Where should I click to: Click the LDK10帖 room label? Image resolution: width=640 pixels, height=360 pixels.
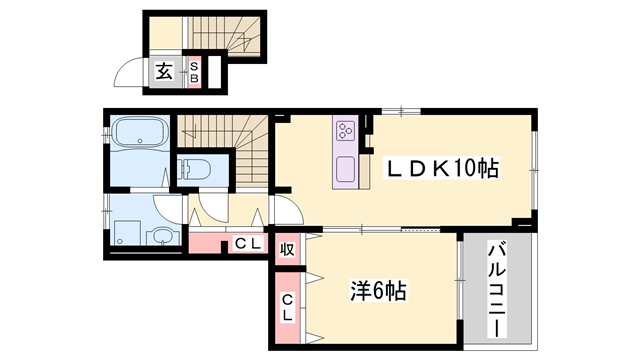442,169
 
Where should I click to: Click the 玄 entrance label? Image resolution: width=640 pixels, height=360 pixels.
163,72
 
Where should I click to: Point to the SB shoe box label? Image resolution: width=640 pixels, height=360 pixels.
195,72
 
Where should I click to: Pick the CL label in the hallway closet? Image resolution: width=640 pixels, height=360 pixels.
247,243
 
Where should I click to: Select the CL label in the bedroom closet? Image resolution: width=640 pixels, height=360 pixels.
287,307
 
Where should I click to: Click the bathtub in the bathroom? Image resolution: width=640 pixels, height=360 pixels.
140,134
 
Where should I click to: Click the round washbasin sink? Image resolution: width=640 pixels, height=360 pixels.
161,237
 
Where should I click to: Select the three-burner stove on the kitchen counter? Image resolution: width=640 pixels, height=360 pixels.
347,130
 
